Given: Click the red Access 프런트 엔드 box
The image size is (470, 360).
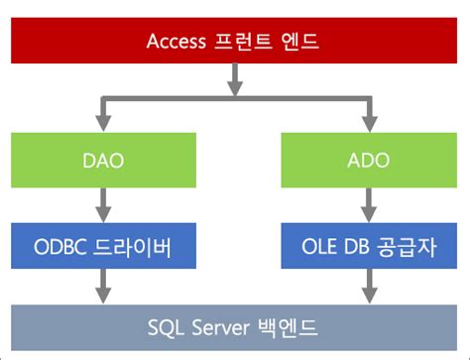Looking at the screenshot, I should tap(234, 41).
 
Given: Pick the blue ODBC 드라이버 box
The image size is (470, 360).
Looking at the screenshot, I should tap(102, 245).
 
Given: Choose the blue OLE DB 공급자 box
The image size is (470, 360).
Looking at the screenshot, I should tap(368, 245).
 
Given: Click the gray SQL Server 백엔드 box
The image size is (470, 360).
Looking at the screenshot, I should tap(234, 326).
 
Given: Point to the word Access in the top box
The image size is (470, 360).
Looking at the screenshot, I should tap(177, 41).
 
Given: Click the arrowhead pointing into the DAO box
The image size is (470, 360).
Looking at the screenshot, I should tap(102, 122).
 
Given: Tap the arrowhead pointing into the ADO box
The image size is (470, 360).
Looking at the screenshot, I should tap(368, 122).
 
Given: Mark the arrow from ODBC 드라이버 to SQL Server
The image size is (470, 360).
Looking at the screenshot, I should tap(102, 287).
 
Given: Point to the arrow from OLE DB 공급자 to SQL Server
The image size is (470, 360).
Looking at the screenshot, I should tap(368, 287).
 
